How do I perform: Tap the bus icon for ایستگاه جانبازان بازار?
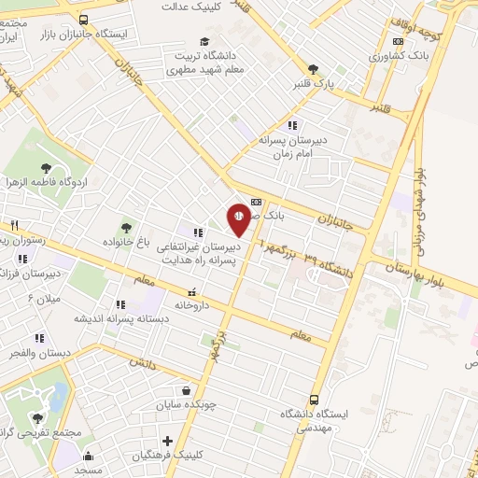pyautogui.click(x=85, y=18)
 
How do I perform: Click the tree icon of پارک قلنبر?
pyautogui.click(x=313, y=68)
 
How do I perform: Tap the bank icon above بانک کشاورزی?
pyautogui.click(x=399, y=41)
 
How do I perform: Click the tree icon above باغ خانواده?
pyautogui.click(x=126, y=227)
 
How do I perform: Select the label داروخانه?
pyautogui.click(x=192, y=304)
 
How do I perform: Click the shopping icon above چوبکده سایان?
pyautogui.click(x=187, y=390)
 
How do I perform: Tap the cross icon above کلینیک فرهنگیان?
pyautogui.click(x=168, y=441)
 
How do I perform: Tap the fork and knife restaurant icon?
pyautogui.click(x=14, y=226)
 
